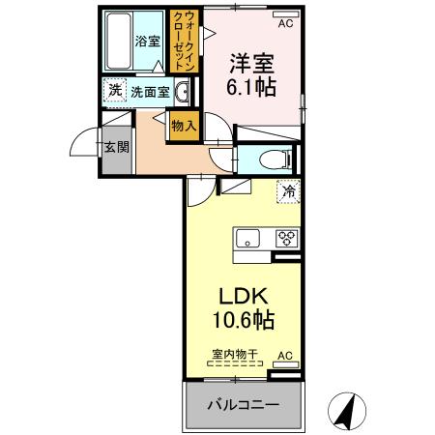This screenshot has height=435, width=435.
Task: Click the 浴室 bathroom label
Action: point(147,42)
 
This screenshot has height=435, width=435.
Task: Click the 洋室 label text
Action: point(250,65)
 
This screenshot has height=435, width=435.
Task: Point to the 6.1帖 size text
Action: point(250,88)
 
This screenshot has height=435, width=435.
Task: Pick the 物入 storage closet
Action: point(183,125)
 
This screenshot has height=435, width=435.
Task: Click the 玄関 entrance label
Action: point(117,147)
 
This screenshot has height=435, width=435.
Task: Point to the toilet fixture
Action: point(266,159)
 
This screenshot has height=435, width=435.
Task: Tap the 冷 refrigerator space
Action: point(287,192)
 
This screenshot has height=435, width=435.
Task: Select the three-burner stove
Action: point(285,238)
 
